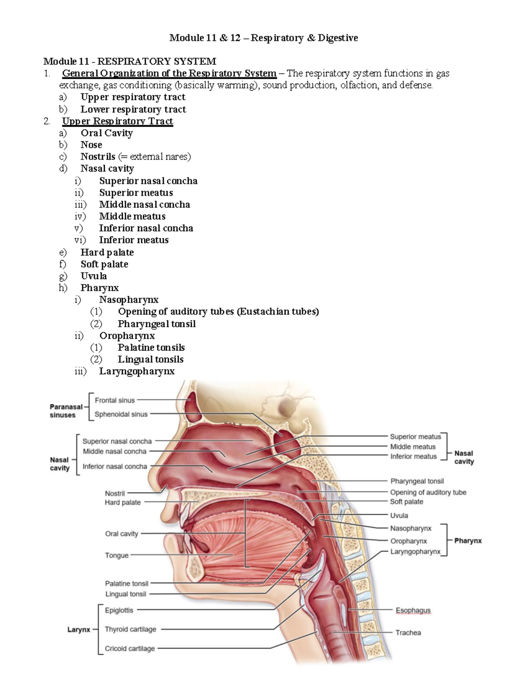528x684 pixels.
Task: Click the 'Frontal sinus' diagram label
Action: (x=115, y=400)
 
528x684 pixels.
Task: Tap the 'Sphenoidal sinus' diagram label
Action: (x=121, y=414)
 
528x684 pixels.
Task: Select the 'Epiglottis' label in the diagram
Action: (x=119, y=610)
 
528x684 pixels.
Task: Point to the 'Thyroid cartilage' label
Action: (x=130, y=629)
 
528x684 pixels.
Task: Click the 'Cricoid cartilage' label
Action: (x=130, y=648)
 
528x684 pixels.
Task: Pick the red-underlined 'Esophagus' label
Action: (x=413, y=610)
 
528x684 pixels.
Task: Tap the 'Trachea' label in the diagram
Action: (x=408, y=632)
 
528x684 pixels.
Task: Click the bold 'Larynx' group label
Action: (x=79, y=630)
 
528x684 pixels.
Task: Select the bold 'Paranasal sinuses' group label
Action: (x=66, y=411)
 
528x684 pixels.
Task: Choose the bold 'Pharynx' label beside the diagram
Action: (x=468, y=540)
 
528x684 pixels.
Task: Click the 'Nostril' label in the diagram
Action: (x=115, y=493)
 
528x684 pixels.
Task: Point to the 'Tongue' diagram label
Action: (x=117, y=555)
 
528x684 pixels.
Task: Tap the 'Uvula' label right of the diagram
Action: (x=399, y=515)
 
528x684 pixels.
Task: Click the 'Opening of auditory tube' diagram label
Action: (x=428, y=492)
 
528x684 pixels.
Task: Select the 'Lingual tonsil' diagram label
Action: (x=125, y=594)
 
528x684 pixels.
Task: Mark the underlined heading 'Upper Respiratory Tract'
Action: (x=117, y=121)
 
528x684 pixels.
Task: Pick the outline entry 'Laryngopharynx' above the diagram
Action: (x=136, y=371)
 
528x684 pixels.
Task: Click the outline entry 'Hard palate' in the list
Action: (x=107, y=252)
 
